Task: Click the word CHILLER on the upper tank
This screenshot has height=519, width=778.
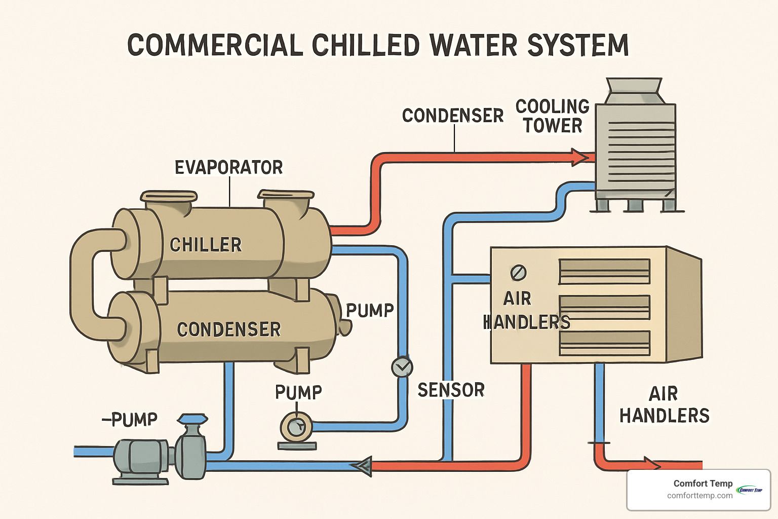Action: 206,245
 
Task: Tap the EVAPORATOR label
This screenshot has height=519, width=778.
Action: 228,167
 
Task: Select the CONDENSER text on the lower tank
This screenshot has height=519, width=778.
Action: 228,329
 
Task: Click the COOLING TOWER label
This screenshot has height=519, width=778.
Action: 552,116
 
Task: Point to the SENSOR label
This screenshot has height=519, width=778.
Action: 451,390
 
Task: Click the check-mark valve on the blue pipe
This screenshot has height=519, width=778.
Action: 402,367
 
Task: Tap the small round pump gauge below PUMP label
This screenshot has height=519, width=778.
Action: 296,427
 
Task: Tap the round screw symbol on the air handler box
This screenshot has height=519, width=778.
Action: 518,273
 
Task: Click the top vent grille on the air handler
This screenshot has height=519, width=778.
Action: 604,272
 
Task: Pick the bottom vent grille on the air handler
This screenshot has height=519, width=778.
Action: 604,343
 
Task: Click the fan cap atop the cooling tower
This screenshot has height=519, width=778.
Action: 634,90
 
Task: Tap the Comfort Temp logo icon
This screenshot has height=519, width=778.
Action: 750,490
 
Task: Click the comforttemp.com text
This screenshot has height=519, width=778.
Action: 699,496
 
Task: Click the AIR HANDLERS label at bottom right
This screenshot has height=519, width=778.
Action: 664,404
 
